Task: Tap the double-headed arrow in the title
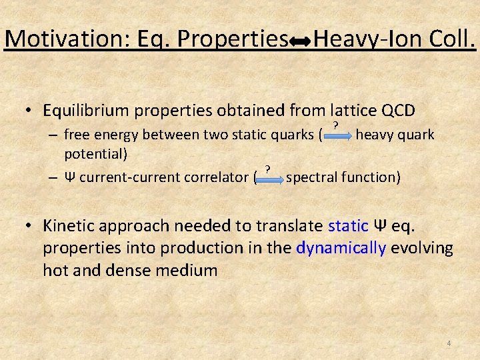[300, 42]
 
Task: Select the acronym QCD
[397, 111]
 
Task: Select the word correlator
[219, 177]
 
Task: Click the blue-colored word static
[349, 225]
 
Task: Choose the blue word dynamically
[341, 248]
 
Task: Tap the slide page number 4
[449, 343]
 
